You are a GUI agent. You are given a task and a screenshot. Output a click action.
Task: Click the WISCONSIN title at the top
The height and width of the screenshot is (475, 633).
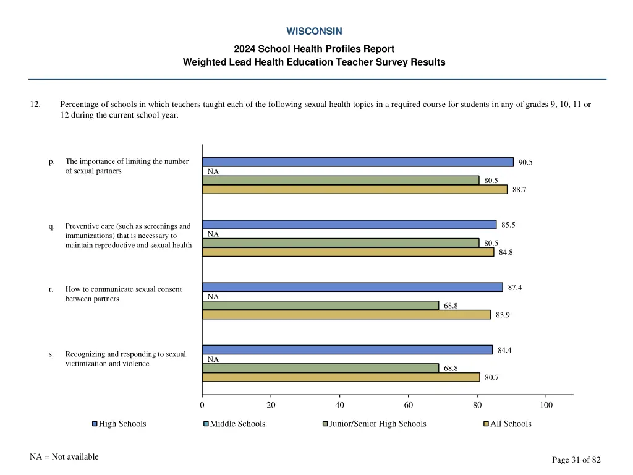[x=314, y=31]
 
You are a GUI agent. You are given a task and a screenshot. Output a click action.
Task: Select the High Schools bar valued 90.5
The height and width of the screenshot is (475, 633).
[x=357, y=162]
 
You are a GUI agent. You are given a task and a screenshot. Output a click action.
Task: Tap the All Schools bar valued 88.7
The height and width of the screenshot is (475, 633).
[x=354, y=189]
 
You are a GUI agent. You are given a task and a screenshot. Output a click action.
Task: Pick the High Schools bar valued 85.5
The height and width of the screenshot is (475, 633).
[x=349, y=225]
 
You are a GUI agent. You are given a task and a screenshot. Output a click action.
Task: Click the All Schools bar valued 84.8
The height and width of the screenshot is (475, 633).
[x=348, y=252]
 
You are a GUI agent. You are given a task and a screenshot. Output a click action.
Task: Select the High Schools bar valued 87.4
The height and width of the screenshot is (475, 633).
[x=352, y=287]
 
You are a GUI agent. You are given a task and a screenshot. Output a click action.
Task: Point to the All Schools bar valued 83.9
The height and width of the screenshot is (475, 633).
[x=346, y=315]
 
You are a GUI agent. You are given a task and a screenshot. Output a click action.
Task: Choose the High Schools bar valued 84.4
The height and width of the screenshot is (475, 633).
[x=347, y=350]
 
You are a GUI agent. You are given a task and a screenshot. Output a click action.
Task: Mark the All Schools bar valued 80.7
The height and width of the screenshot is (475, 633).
[x=341, y=377]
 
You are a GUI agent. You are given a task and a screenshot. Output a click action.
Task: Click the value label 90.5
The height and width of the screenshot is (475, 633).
[x=525, y=163]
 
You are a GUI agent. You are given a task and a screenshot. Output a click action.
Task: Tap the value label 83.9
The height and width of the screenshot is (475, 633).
[x=503, y=315]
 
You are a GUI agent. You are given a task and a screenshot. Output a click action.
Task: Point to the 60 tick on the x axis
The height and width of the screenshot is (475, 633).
[x=409, y=406]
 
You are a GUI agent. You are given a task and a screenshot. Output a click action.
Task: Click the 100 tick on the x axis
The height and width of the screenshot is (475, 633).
[x=546, y=406]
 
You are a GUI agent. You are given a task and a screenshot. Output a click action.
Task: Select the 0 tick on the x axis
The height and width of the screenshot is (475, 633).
[x=202, y=406]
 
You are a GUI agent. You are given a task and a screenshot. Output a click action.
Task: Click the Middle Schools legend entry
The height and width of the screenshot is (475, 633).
[x=237, y=424]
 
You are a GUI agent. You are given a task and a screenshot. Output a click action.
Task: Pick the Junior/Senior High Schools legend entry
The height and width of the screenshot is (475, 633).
[x=377, y=424]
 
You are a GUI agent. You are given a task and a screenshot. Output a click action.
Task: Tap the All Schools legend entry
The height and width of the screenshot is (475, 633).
[x=510, y=424]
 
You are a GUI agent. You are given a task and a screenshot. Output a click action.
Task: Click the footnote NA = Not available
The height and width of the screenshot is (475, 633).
[x=64, y=457]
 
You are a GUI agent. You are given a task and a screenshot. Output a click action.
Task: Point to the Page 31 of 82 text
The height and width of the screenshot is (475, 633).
[x=576, y=460]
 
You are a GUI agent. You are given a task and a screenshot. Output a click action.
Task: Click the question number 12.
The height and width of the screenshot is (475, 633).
[x=35, y=105]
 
